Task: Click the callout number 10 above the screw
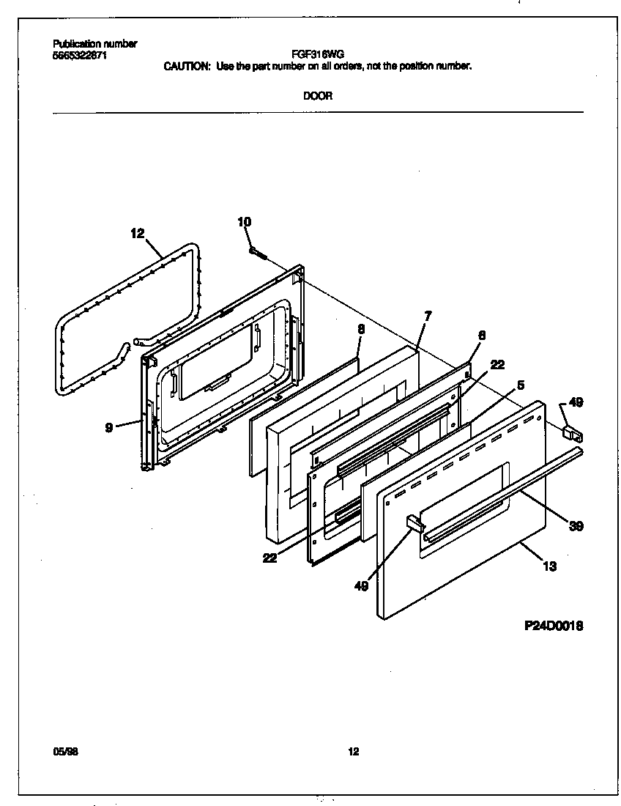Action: click(245, 221)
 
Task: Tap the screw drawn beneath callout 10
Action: click(256, 252)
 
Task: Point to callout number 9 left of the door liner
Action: click(109, 427)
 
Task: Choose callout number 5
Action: click(521, 384)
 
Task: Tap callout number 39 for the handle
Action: click(576, 525)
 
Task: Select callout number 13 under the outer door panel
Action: click(549, 566)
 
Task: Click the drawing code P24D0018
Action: click(554, 626)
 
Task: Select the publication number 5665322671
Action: click(80, 55)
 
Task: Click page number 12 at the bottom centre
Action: click(354, 751)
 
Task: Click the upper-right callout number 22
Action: click(497, 364)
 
